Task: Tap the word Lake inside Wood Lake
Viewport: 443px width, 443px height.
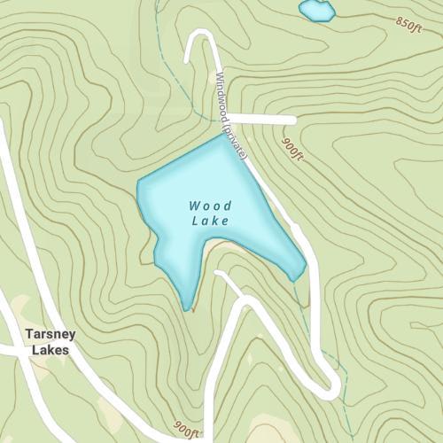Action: coord(211,221)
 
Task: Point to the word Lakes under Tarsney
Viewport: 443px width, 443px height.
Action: coord(49,350)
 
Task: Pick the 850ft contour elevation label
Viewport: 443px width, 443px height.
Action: coord(412,22)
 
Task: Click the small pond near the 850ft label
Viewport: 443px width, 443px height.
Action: coord(316,11)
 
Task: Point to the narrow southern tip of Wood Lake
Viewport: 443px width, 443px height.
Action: coord(186,307)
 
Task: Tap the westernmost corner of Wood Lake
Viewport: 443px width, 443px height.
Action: coord(138,184)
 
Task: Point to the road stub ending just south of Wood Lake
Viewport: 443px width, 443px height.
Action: coord(220,274)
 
